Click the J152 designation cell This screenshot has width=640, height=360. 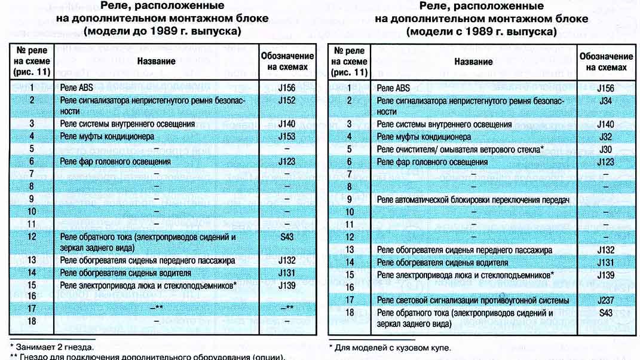click(286, 100)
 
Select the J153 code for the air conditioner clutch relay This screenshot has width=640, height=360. click(286, 136)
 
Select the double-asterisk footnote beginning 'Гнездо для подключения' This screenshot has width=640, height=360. click(147, 357)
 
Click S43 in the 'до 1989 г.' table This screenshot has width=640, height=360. click(286, 237)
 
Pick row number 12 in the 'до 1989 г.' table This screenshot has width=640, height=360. click(31, 237)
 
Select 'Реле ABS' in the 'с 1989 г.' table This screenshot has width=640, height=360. click(394, 88)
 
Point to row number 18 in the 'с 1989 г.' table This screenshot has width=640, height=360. click(350, 312)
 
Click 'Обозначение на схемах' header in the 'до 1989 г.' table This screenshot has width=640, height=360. click(286, 61)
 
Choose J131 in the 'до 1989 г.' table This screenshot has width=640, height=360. click(286, 273)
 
